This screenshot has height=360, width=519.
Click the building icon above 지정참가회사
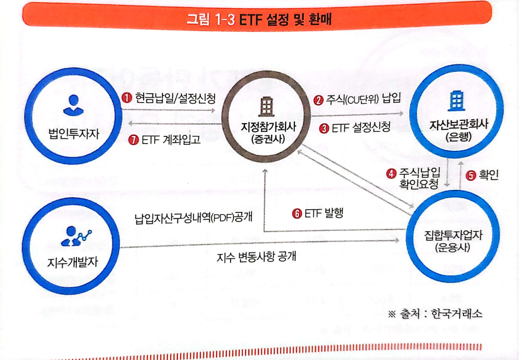tap(267, 105)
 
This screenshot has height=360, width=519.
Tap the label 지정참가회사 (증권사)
tap(267, 132)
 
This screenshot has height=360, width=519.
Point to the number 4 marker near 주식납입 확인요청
tap(391, 173)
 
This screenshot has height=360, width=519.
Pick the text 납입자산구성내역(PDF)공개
tap(194, 217)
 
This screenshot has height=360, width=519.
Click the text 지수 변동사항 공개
tap(256, 257)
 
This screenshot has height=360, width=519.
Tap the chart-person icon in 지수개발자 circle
tap(77, 236)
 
